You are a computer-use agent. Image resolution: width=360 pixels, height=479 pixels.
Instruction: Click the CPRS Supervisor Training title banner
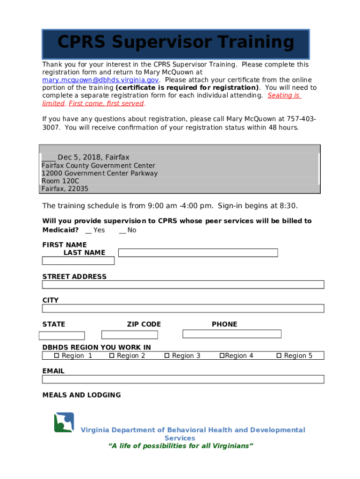176,44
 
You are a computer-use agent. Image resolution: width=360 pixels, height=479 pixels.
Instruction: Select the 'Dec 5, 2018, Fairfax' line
86,157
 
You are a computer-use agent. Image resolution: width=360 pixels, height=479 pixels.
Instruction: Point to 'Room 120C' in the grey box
60,181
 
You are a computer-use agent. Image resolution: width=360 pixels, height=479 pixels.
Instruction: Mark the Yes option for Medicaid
88,230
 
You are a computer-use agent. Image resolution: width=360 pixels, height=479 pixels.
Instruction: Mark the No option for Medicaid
122,230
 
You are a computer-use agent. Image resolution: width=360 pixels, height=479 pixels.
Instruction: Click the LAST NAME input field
198,253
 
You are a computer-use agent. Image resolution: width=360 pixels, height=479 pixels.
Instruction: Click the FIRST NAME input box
78,261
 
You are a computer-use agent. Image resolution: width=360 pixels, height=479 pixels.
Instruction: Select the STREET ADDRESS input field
183,284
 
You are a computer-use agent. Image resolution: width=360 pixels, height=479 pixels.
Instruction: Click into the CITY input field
183,308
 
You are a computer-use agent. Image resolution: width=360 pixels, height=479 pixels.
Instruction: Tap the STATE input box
62,335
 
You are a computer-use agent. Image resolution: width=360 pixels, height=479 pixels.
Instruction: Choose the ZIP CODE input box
130,334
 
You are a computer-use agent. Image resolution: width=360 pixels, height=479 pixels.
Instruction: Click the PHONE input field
231,334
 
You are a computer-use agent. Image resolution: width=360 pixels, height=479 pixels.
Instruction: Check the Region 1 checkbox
57,356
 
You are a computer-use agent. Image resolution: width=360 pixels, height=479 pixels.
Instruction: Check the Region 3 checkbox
167,356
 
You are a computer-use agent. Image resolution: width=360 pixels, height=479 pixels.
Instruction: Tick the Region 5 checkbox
279,356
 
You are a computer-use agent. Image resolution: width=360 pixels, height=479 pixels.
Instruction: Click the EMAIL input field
183,379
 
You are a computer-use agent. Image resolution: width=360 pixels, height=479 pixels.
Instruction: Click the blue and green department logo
64,422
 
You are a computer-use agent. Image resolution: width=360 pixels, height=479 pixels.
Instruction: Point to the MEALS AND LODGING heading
81,395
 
